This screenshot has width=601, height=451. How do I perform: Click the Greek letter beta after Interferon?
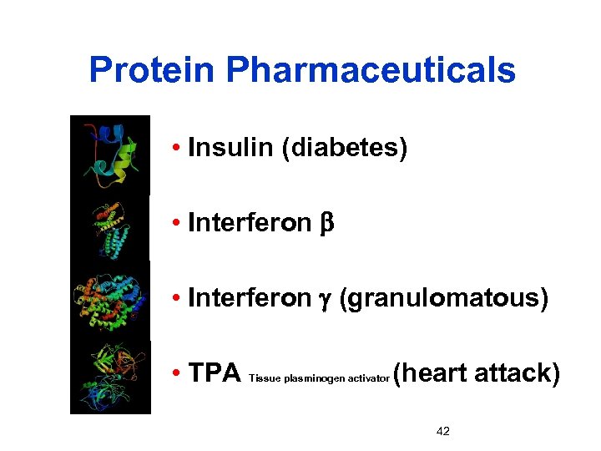(x=326, y=224)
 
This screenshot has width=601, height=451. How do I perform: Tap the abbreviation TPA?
(x=215, y=373)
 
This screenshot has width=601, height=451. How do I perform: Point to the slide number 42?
(x=443, y=431)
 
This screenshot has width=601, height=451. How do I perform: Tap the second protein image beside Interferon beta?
(x=109, y=226)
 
